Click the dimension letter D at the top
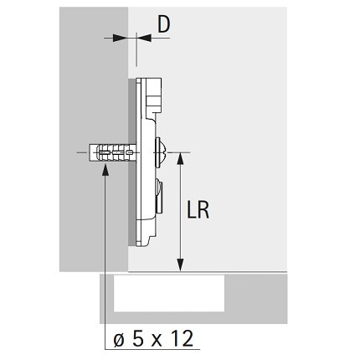pos(163,24)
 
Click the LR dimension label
pos(198,210)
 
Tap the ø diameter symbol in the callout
pos(119,339)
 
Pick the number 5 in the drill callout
pos(138,338)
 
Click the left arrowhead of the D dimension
pos(119,38)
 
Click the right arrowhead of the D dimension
pos(145,38)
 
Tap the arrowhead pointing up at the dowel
pos(105,170)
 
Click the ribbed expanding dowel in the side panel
pos(112,152)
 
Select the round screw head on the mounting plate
pos(159,152)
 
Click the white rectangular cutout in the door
pos(169,293)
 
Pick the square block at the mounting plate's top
pos(154,95)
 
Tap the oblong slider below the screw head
pos(159,196)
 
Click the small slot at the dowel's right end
pos(130,152)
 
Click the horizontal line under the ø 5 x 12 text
pos(152,349)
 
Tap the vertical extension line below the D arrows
pos(136,49)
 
